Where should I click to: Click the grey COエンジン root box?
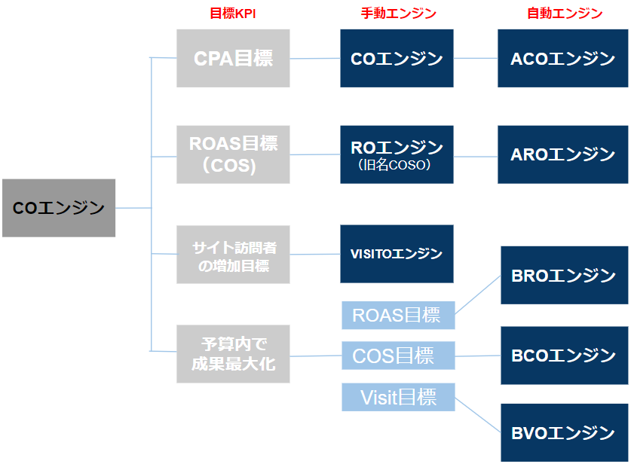[59, 208]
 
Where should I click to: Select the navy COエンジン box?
[397, 58]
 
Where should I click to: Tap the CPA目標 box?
[233, 58]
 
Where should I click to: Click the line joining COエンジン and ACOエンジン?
[475, 58]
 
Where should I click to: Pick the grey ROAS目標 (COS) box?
[233, 154]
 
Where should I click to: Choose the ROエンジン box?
[397, 154]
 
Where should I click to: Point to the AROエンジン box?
[562, 154]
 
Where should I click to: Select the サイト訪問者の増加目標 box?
[233, 255]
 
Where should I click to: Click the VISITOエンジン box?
[397, 254]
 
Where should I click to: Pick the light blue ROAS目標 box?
[397, 315]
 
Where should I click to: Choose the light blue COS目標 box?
[397, 355]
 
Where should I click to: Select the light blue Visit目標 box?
[397, 397]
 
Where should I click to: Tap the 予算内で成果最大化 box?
[233, 354]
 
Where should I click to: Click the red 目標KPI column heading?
[234, 13]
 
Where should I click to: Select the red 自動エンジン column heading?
[565, 13]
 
